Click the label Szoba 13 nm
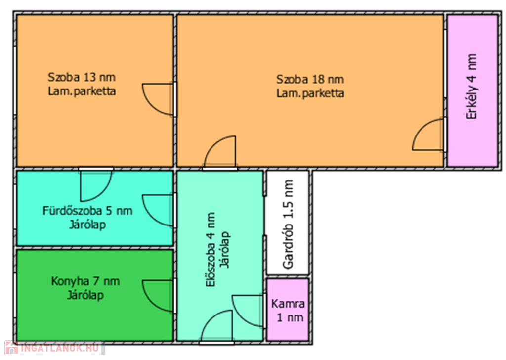coord(82,77)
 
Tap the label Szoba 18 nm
coord(310,79)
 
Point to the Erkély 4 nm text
coord(472,87)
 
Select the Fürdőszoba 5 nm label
coord(87,211)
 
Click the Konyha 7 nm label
coord(85,281)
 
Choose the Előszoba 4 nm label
coord(211,250)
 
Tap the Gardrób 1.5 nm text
coord(288,225)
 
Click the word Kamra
coord(288,304)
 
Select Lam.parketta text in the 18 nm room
coord(310,93)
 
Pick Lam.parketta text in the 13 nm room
coord(82,91)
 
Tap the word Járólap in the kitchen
coord(85,295)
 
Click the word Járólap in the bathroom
coord(87,225)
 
